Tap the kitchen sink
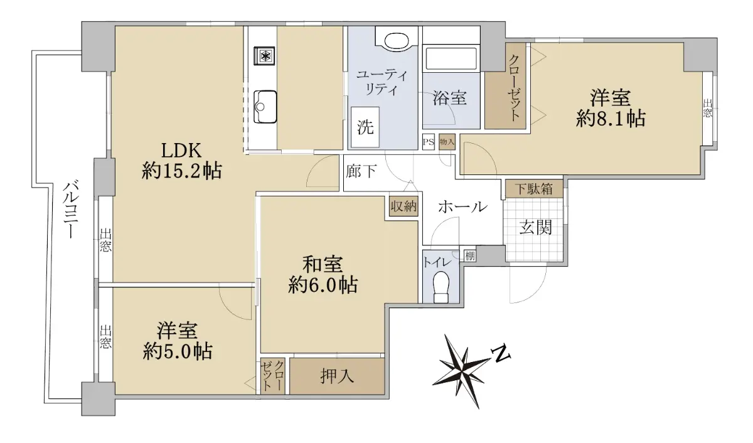265,107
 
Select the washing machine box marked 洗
365,127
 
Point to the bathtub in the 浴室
451,59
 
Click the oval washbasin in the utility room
397,41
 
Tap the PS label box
429,142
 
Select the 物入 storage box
447,142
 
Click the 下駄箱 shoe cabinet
534,189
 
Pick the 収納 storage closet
403,206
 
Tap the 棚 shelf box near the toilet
469,256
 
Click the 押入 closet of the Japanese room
337,376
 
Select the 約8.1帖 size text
611,119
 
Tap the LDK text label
181,151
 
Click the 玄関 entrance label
535,228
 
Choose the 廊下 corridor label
361,171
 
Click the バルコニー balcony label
72,210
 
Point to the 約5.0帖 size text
177,351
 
